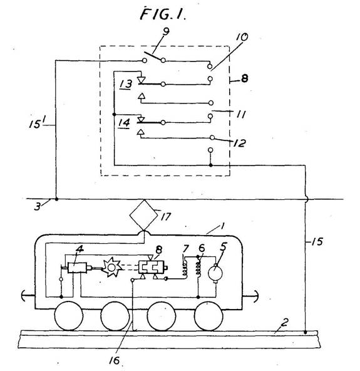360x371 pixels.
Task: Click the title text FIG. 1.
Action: tap(163, 14)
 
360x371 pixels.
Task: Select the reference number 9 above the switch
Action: tap(166, 31)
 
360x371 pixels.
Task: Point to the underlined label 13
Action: tap(126, 85)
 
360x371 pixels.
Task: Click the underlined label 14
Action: tap(124, 123)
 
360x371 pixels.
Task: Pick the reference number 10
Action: tap(242, 38)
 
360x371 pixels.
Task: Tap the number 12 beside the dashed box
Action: tap(239, 143)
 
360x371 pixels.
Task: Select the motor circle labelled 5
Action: tap(215, 273)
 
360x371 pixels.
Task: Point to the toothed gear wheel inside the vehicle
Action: tap(111, 268)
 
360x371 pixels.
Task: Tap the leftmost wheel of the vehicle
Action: tap(68, 316)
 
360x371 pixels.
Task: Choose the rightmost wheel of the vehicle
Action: tap(208, 316)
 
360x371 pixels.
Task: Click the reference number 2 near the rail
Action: tap(285, 322)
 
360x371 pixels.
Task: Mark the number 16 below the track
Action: tap(115, 360)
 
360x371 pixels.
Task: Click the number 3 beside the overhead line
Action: tap(38, 207)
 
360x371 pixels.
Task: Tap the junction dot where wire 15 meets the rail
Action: tap(305, 332)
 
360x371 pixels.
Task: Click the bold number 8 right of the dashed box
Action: tap(244, 78)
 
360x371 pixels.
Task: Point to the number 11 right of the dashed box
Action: tap(240, 115)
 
